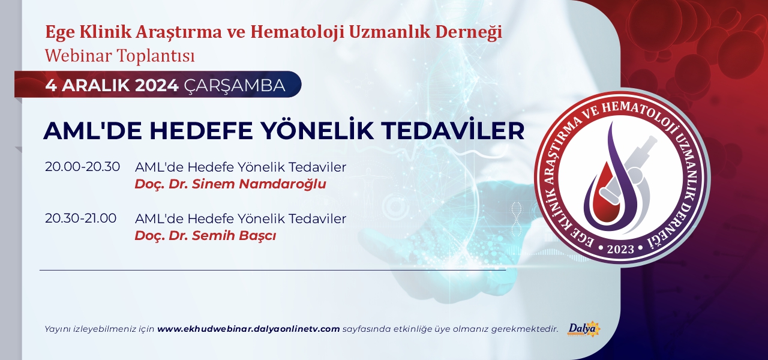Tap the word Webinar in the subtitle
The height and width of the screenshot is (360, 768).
[x=79, y=56]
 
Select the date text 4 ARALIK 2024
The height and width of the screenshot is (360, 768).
[x=112, y=85]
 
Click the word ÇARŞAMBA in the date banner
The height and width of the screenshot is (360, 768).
[x=235, y=86]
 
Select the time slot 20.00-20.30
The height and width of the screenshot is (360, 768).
[x=82, y=167]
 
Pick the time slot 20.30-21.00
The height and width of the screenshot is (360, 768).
[x=80, y=218]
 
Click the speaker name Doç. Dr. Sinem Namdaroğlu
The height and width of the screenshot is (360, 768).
[x=230, y=184]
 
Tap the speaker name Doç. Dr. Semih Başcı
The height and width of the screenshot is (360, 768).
[x=205, y=236]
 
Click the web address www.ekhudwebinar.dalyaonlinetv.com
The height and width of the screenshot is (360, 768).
[x=248, y=329]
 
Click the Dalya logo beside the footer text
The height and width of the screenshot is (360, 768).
[x=584, y=329]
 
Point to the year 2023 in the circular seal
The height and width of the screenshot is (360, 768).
[x=620, y=249]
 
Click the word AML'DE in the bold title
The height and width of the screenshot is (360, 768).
[x=92, y=130]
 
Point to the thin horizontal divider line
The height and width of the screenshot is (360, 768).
[x=272, y=270]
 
